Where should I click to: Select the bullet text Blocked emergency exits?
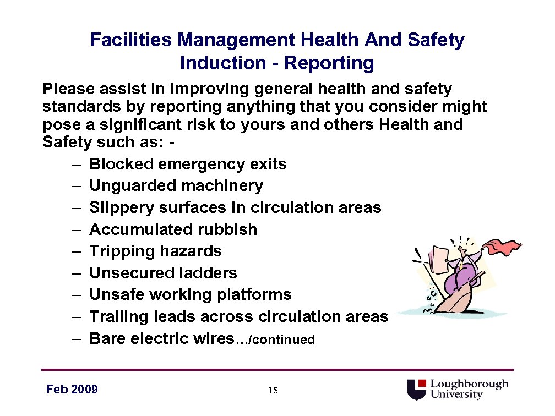pos(188,164)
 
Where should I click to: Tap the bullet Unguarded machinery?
pos(176,186)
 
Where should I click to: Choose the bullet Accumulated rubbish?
pos(173,229)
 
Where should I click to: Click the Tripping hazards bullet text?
pos(155,251)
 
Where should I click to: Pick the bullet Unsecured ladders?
pos(163,273)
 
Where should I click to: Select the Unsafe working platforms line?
pos(190,295)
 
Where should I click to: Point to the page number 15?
pos(273,391)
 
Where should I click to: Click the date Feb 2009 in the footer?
pos(72,390)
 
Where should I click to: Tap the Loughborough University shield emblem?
pos(416,389)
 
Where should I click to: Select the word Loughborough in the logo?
pos(469,384)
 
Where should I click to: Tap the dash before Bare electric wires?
pos(77,338)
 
